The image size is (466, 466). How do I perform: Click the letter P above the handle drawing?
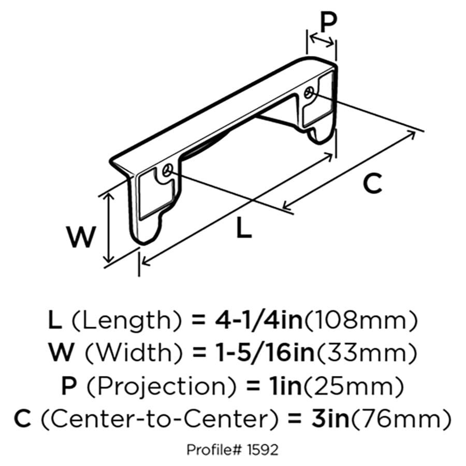pos(329,23)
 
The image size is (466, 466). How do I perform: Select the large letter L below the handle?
pos(244,227)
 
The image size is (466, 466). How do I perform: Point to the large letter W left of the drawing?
pos(81,237)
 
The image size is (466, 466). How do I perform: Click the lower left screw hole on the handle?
pos(168,170)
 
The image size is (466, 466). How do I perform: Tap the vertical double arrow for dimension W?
pos(110,228)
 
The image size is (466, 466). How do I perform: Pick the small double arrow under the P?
pos(322,41)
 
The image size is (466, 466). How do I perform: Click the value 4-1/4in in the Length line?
pos(258,320)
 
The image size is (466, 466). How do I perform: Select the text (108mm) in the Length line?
pos(361,321)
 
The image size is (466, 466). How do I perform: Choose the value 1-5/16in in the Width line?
pos(266,353)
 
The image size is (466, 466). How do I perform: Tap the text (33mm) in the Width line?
pos(367,353)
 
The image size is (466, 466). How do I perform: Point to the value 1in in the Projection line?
pos(285,386)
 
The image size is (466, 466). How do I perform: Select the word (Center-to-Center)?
pos(159,419)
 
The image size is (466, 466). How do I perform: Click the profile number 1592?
pos(263,449)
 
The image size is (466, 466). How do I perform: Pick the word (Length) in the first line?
pos(127,321)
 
